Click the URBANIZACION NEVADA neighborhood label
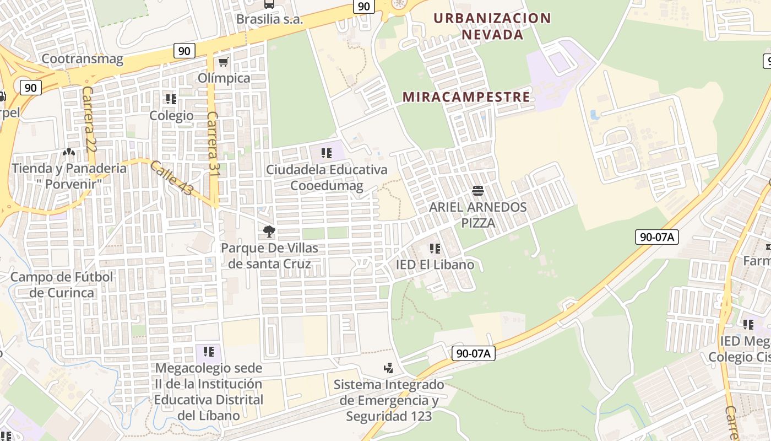(492, 26)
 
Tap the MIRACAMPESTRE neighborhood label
(466, 97)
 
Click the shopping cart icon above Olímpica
(223, 62)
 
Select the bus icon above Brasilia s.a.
(269, 4)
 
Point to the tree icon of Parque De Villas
(269, 232)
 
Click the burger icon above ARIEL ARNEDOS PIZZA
(477, 191)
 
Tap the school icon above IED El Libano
(435, 249)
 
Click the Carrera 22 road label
(88, 120)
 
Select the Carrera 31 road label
(213, 144)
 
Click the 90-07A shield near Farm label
(656, 237)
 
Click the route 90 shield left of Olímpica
(184, 51)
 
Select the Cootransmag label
(83, 59)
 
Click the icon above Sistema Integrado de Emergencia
(389, 368)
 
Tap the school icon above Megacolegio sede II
(208, 351)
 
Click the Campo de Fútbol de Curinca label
(62, 284)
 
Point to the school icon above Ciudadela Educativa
(327, 153)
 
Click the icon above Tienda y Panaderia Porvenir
(68, 152)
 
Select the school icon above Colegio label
(171, 99)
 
